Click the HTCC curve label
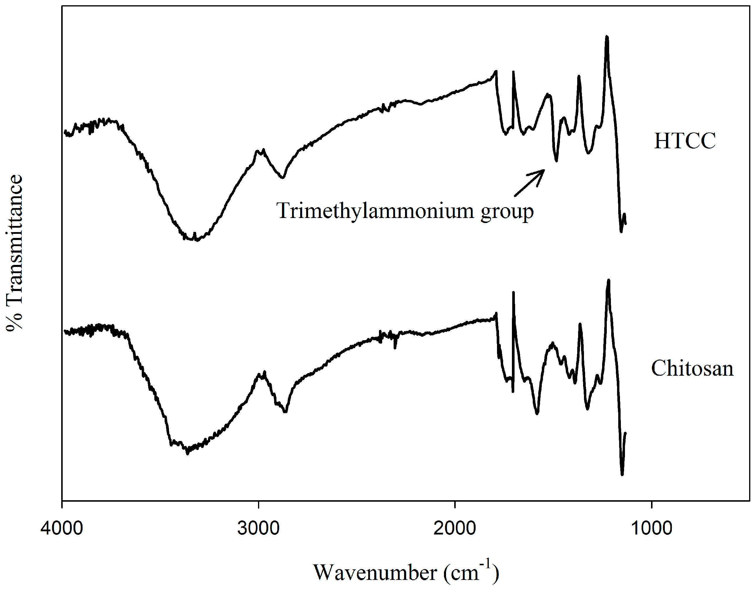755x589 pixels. point(684,141)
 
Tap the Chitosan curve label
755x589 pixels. point(692,368)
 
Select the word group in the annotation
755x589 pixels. point(507,211)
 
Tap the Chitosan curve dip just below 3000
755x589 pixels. point(286,412)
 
